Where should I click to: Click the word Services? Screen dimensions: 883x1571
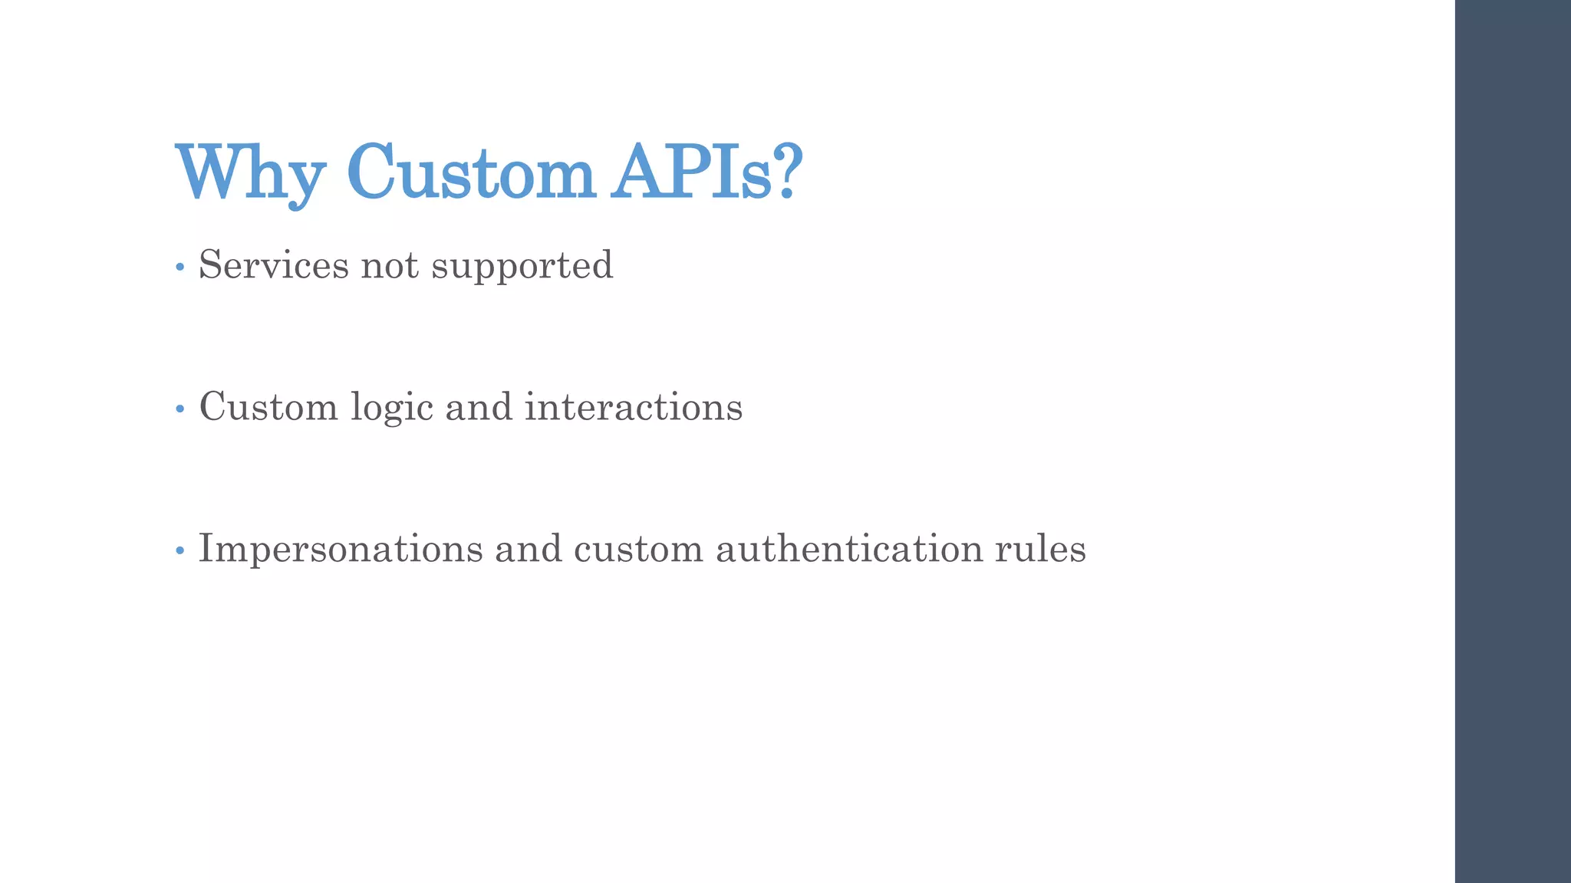[274, 265]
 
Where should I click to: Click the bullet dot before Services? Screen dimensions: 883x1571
[180, 268]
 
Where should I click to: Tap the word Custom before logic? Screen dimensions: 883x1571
[268, 406]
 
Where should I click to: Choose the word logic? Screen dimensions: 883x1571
[392, 408]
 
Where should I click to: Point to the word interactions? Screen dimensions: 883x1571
[634, 406]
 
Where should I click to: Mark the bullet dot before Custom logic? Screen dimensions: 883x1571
[180, 409]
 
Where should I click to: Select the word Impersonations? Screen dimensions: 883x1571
[341, 549]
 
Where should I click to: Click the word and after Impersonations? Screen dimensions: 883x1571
[528, 549]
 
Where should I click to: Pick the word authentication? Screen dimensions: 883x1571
[849, 549]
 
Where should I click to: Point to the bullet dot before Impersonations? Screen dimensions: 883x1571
[180, 551]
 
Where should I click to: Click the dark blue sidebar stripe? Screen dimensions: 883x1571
[1513, 441]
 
